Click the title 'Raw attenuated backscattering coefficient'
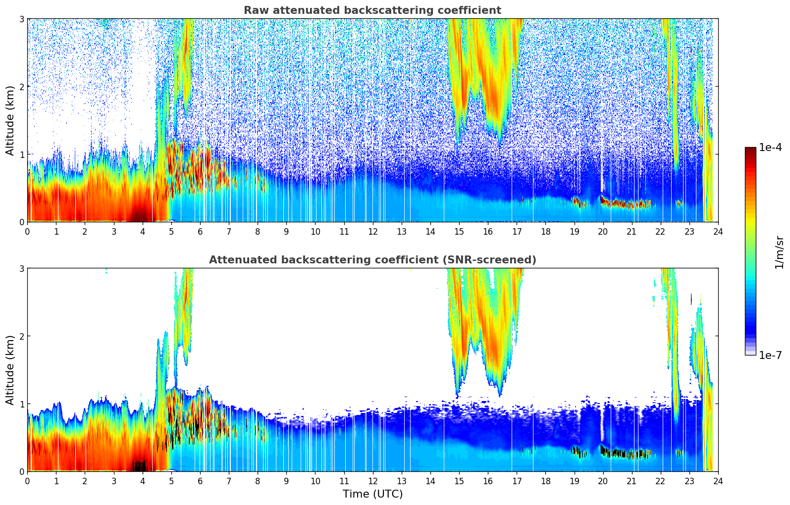point(372,10)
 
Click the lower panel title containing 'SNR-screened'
point(372,260)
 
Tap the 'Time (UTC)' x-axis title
point(372,494)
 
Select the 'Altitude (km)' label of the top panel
point(10,120)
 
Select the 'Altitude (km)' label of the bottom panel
point(10,370)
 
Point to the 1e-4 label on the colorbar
point(770,148)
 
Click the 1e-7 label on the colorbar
point(770,355)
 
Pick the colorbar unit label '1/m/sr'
point(779,252)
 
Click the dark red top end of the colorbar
point(750,150)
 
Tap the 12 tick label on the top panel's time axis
point(372,231)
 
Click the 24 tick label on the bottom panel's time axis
point(718,481)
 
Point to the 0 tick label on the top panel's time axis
point(27,231)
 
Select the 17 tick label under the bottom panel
point(517,481)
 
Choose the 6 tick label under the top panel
point(200,231)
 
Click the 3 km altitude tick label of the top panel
point(22,19)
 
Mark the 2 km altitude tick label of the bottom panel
point(22,336)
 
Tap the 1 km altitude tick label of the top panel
point(22,154)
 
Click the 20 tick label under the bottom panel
point(603,481)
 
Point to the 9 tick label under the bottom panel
point(286,481)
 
